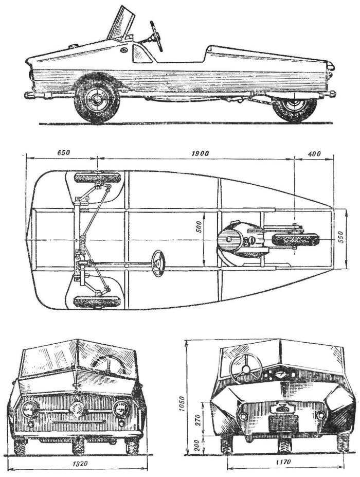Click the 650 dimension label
[64, 153]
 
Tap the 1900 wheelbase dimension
[201, 153]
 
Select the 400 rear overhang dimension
[314, 154]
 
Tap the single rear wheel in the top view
[295, 239]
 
